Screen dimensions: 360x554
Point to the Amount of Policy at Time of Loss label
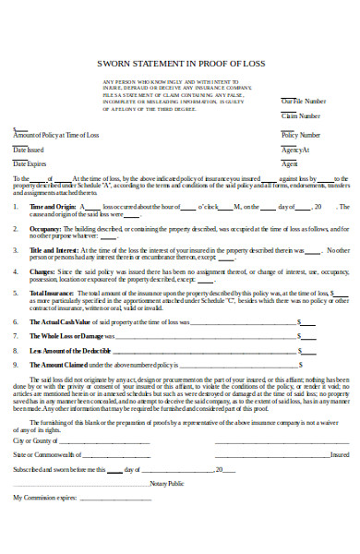coord(55,135)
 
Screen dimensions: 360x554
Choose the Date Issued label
coord(28,149)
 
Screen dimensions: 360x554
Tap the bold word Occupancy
coord(44,226)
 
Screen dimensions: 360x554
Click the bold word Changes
coord(42,272)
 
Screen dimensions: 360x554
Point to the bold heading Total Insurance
coord(51,294)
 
